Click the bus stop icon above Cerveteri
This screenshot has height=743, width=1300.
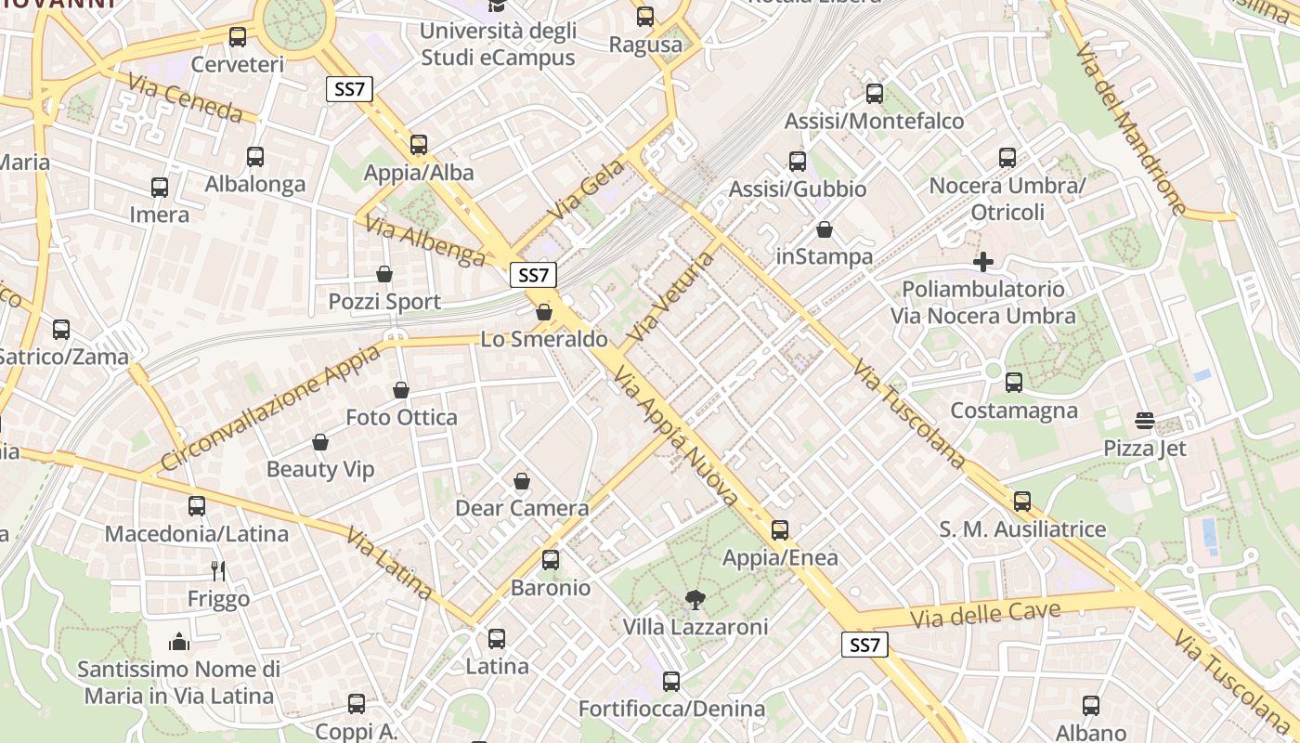tap(238, 37)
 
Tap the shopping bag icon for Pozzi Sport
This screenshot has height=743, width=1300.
tap(384, 274)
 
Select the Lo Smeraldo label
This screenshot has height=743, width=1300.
tap(544, 339)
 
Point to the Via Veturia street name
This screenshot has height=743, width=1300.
tap(671, 296)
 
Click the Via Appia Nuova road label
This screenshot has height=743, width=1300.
tap(677, 438)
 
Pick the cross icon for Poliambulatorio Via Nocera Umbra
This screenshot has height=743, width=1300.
tap(983, 262)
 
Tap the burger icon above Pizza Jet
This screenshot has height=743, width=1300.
tap(1145, 422)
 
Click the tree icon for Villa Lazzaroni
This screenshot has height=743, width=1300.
tap(694, 600)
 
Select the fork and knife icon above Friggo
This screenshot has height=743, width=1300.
tap(219, 570)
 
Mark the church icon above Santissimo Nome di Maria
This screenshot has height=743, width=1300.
tap(179, 641)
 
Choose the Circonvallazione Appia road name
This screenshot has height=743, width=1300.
tap(270, 408)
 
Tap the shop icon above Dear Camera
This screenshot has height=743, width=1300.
tap(522, 481)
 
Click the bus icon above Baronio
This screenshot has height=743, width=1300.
tap(551, 560)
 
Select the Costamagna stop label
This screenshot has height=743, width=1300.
tap(1014, 411)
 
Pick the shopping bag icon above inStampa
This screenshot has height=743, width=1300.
tap(825, 229)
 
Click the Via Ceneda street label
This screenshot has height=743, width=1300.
tap(192, 98)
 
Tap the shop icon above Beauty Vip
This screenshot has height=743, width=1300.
tap(320, 442)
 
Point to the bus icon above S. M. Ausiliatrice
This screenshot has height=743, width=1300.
tap(1022, 502)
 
